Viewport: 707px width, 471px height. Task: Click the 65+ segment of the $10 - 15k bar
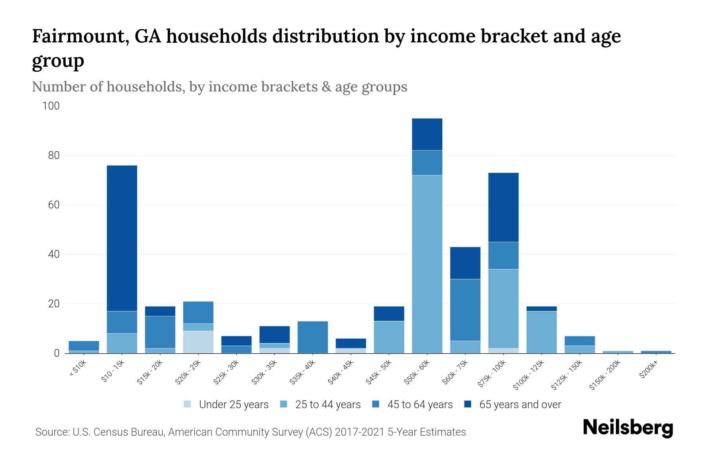122,238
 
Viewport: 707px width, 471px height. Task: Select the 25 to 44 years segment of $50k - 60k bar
427,264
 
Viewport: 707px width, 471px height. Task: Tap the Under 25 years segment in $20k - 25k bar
198,342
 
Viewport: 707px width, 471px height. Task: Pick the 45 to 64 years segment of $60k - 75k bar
465,310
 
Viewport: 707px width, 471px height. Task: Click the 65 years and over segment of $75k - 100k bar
503,207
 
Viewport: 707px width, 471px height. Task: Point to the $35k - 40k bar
313,337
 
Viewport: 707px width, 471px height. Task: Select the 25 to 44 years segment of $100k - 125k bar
541,332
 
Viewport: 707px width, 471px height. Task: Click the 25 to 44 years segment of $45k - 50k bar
389,337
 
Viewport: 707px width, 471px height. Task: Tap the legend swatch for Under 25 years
188,404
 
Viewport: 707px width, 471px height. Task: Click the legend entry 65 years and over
520,405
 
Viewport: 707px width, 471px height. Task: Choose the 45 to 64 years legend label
419,405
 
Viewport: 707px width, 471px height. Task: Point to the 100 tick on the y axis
51,106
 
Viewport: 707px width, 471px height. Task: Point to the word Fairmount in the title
77,36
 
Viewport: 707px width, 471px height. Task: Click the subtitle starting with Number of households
219,87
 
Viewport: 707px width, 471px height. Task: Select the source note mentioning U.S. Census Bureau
250,432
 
